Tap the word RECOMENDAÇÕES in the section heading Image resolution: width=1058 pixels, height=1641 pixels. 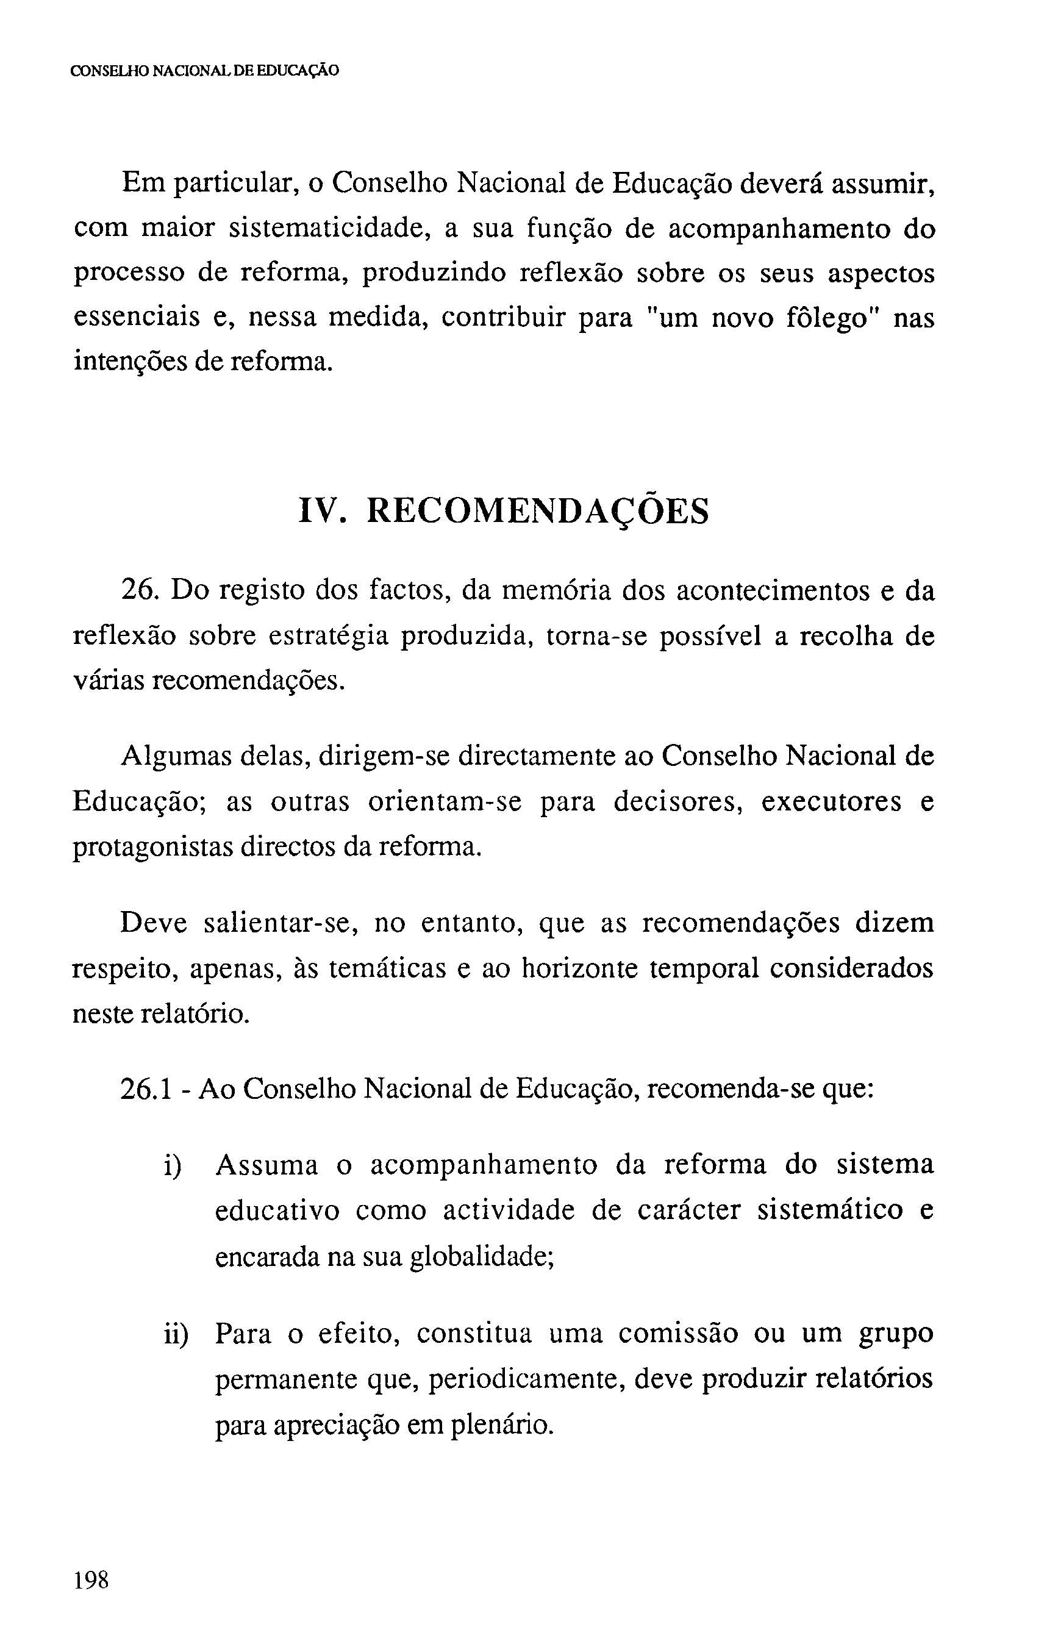coord(537,511)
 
